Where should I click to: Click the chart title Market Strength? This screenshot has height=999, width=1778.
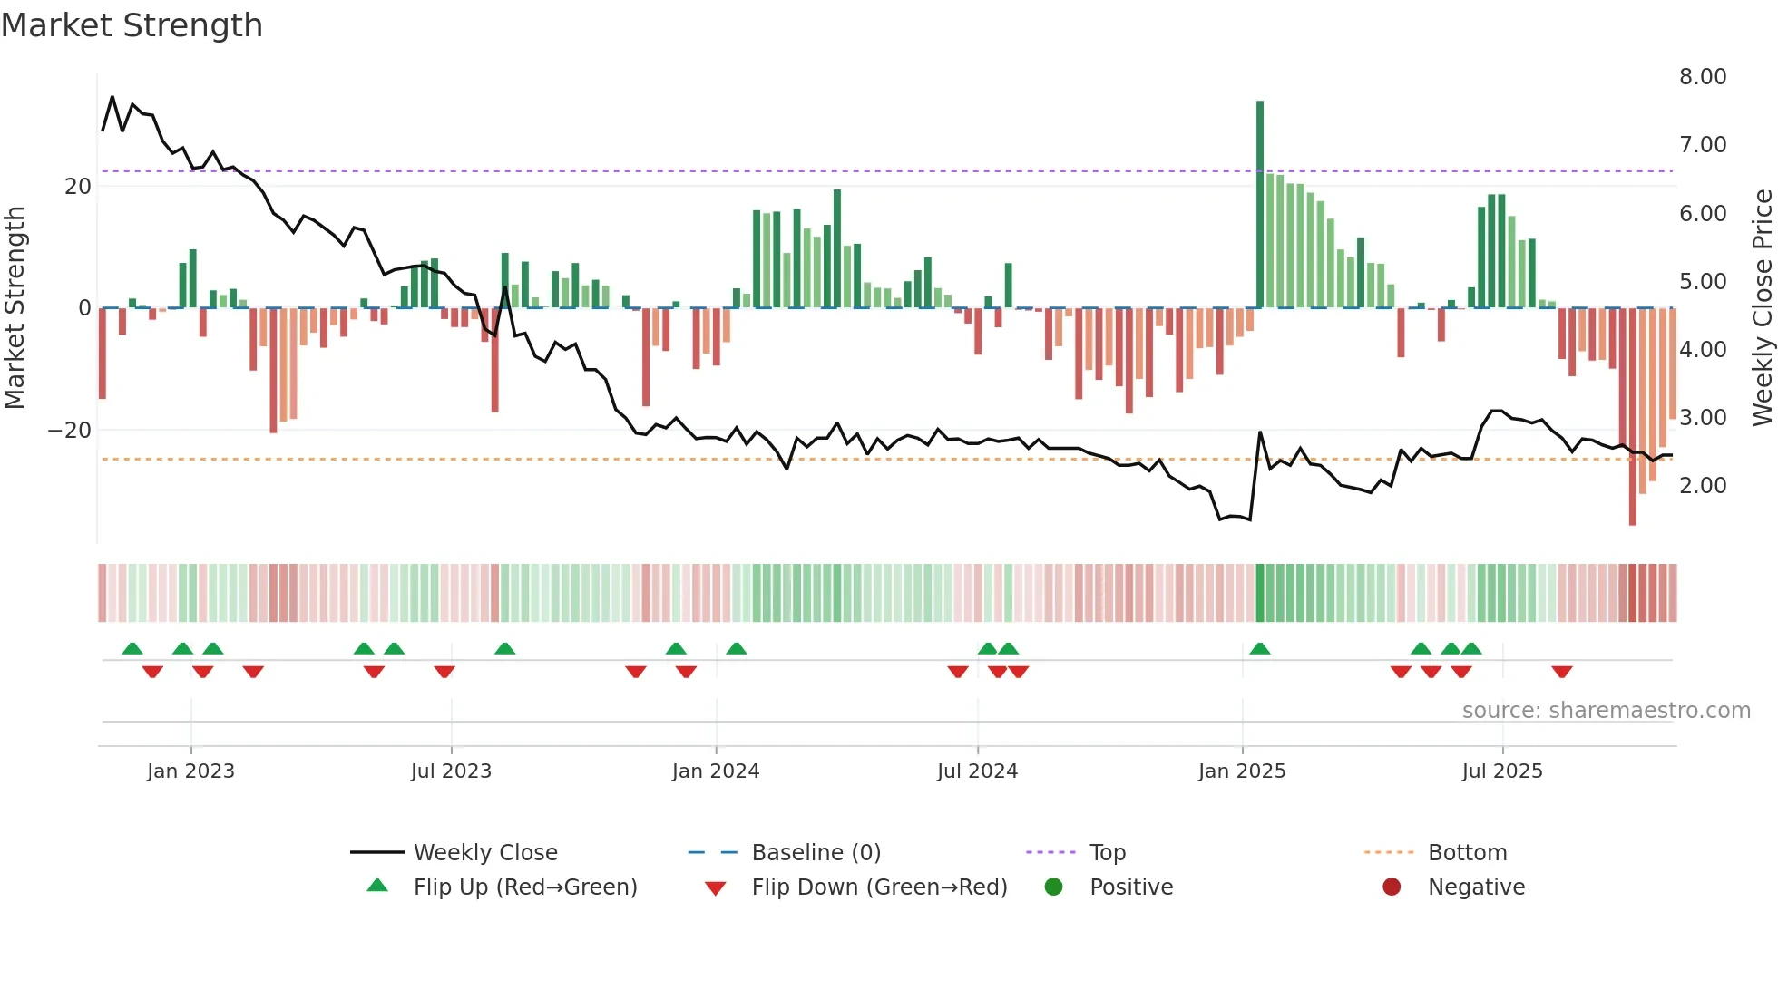point(132,25)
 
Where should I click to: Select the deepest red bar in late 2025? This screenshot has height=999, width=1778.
point(1633,417)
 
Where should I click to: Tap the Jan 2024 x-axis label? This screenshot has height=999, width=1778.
point(716,771)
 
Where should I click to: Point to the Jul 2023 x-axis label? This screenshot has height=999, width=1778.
point(451,771)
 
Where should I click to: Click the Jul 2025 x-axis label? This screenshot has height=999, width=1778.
point(1502,771)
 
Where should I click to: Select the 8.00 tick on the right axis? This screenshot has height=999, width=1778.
point(1703,77)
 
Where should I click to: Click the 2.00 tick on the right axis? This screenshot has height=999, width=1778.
point(1703,486)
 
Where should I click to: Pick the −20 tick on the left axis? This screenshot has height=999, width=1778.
point(70,431)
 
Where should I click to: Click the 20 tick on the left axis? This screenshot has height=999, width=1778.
point(78,187)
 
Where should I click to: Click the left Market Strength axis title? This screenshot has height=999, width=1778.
point(15,308)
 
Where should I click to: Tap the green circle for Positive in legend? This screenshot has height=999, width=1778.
point(1053,887)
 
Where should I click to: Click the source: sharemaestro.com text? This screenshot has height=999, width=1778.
point(1606,711)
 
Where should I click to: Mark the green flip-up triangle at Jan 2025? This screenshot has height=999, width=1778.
point(1260,649)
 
